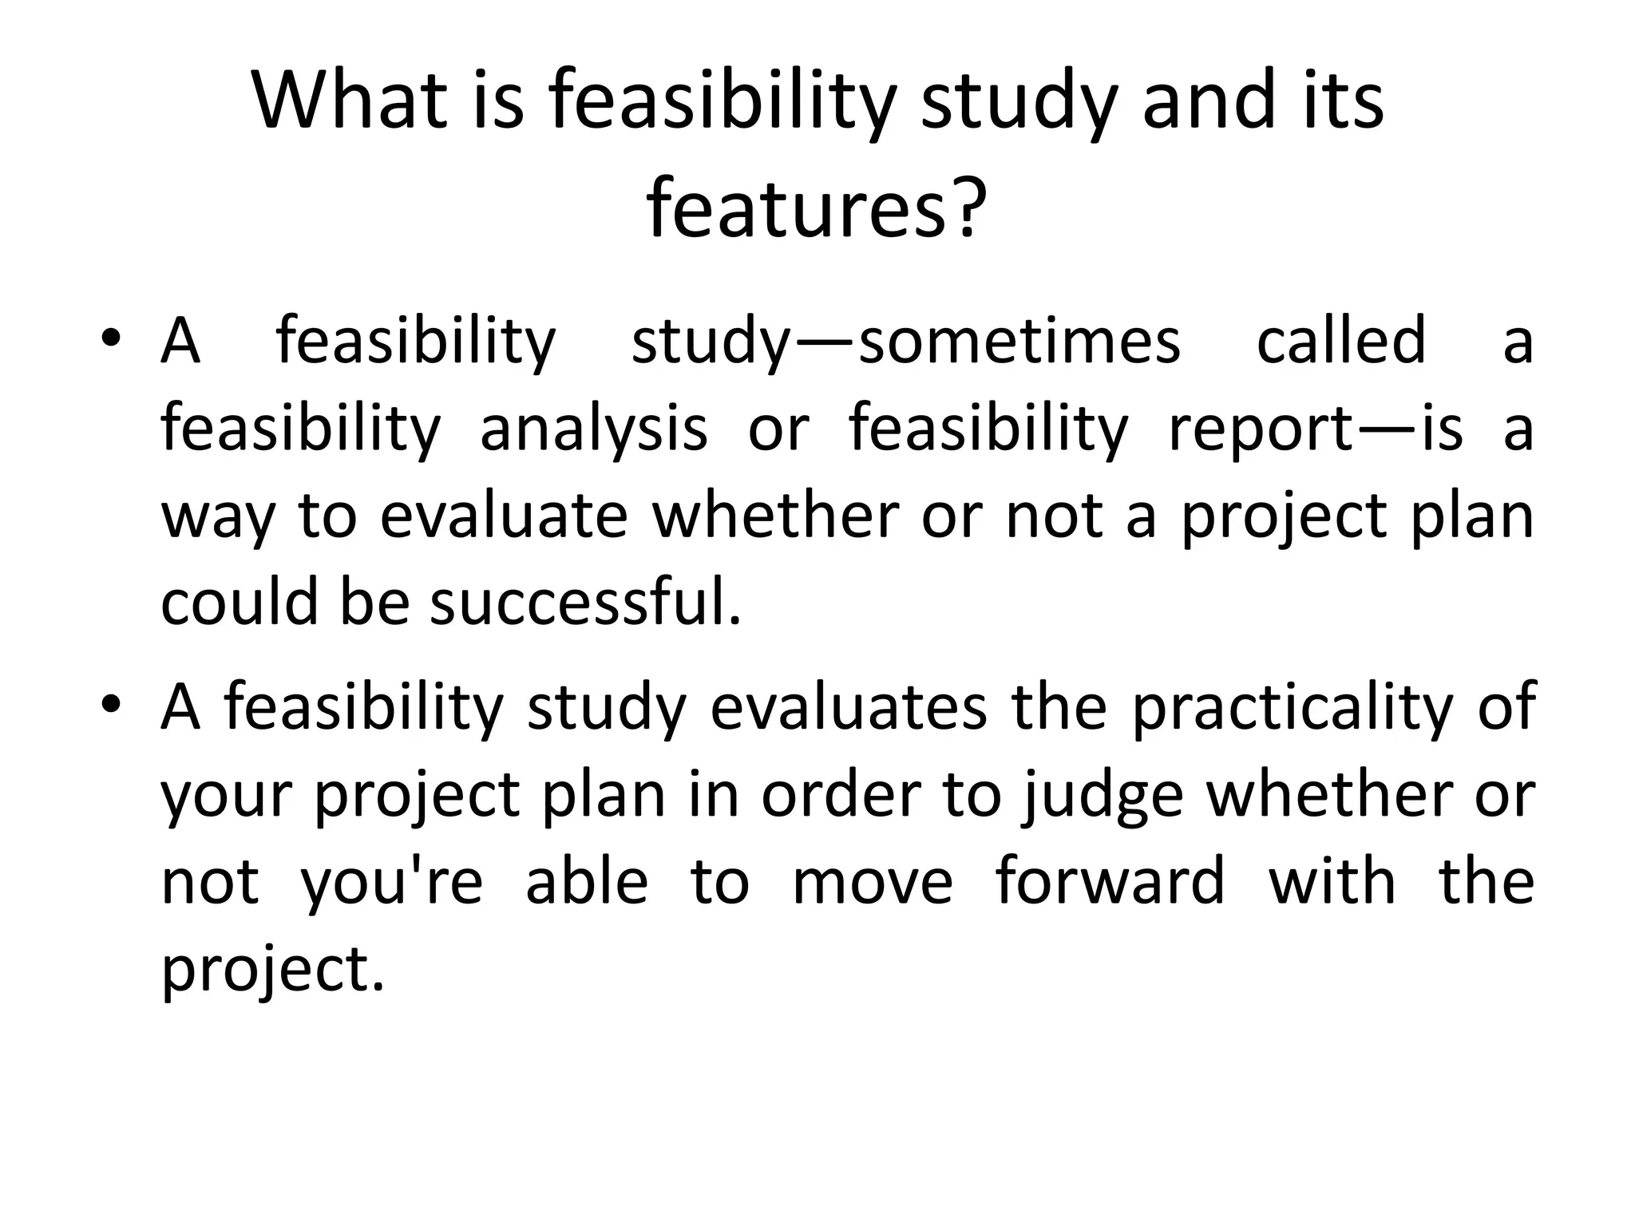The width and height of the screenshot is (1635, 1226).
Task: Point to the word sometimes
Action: point(1019,342)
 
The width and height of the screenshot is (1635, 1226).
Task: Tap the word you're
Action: point(391,883)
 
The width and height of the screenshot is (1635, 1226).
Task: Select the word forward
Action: point(1110,881)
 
